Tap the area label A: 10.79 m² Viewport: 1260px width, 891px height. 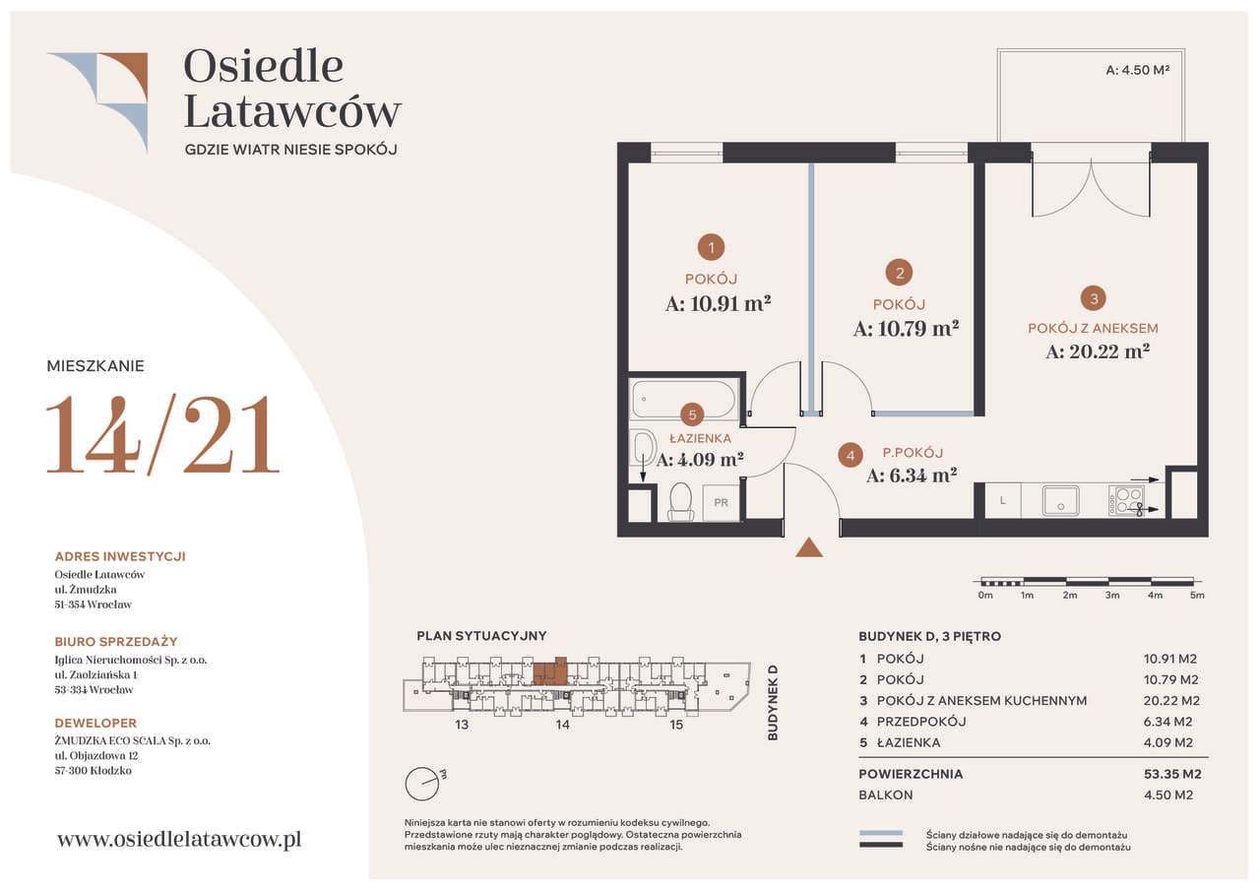coord(906,329)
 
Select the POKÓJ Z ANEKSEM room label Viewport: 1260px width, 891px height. coord(1093,329)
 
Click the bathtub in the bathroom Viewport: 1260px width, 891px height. coord(683,400)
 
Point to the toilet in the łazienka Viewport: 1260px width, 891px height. coord(680,501)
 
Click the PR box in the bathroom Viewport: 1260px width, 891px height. coord(721,502)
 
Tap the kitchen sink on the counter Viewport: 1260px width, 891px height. coord(1060,499)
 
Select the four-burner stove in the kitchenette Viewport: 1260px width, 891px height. coord(1126,500)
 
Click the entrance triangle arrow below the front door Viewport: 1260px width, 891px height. coord(809,548)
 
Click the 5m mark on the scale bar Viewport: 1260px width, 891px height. coord(1197,595)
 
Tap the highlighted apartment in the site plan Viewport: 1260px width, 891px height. coord(550,671)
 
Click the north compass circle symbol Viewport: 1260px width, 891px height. coord(421,784)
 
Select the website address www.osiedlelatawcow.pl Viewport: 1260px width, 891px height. coord(179,839)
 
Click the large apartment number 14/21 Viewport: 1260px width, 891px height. coord(163,434)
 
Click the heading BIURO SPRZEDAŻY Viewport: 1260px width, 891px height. coord(116,642)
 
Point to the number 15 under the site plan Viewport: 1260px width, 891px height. coord(676,725)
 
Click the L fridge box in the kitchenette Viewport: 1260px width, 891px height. coord(1002,501)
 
